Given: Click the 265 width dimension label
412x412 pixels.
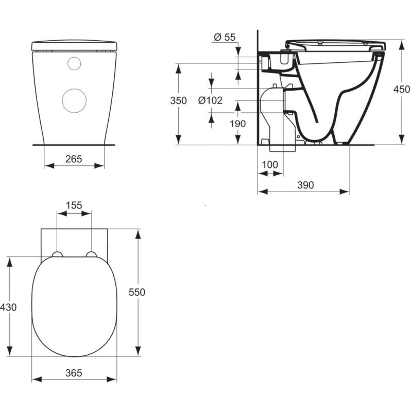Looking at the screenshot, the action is (x=74, y=159).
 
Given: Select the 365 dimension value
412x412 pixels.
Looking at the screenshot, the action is (x=74, y=373).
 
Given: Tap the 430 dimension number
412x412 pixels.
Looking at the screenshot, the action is (x=8, y=307).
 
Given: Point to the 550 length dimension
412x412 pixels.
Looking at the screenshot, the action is (x=137, y=292).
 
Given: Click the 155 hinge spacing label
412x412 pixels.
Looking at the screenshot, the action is (x=74, y=205).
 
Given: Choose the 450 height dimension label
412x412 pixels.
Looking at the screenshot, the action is (x=402, y=89).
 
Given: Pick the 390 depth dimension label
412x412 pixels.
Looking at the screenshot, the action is (x=305, y=185).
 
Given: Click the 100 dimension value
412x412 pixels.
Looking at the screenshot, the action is (x=270, y=165).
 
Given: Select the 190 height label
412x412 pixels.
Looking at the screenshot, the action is (x=238, y=124).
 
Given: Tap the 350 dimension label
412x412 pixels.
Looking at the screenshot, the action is (x=178, y=100).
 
